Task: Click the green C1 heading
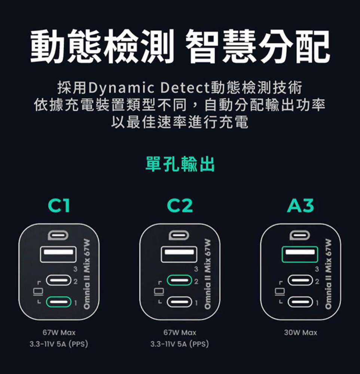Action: [x=59, y=205]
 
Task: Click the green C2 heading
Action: [x=180, y=205]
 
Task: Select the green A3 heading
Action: [x=300, y=205]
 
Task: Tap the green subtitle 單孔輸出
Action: [x=180, y=164]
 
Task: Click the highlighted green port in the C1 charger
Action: [x=58, y=302]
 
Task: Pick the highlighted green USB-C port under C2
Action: [x=179, y=280]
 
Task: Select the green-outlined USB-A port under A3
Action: [x=300, y=254]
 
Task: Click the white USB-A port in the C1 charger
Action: [x=58, y=254]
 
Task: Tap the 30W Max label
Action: [x=300, y=332]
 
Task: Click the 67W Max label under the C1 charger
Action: [x=59, y=332]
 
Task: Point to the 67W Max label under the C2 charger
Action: [x=180, y=332]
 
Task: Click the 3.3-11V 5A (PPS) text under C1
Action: [x=59, y=344]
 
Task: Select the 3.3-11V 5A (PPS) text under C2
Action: [x=180, y=344]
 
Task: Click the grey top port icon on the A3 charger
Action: [x=300, y=235]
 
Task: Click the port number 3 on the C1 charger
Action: [x=75, y=269]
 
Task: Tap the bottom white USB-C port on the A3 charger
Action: [x=300, y=302]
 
